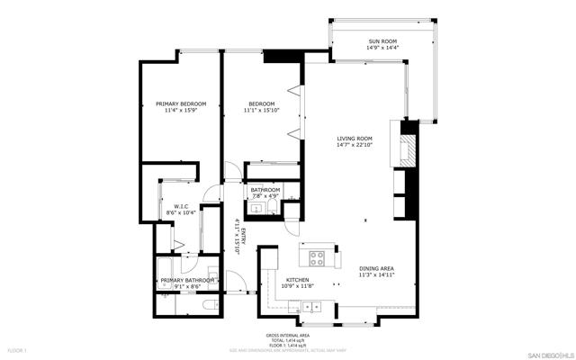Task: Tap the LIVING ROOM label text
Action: pos(354,138)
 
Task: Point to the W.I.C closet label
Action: pos(181,206)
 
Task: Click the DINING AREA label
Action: pos(376,268)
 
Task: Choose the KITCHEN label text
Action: pos(298,280)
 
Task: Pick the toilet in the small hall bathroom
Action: pos(291,211)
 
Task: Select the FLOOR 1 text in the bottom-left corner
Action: pos(18,349)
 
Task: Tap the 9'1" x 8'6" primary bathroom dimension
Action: pos(187,287)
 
